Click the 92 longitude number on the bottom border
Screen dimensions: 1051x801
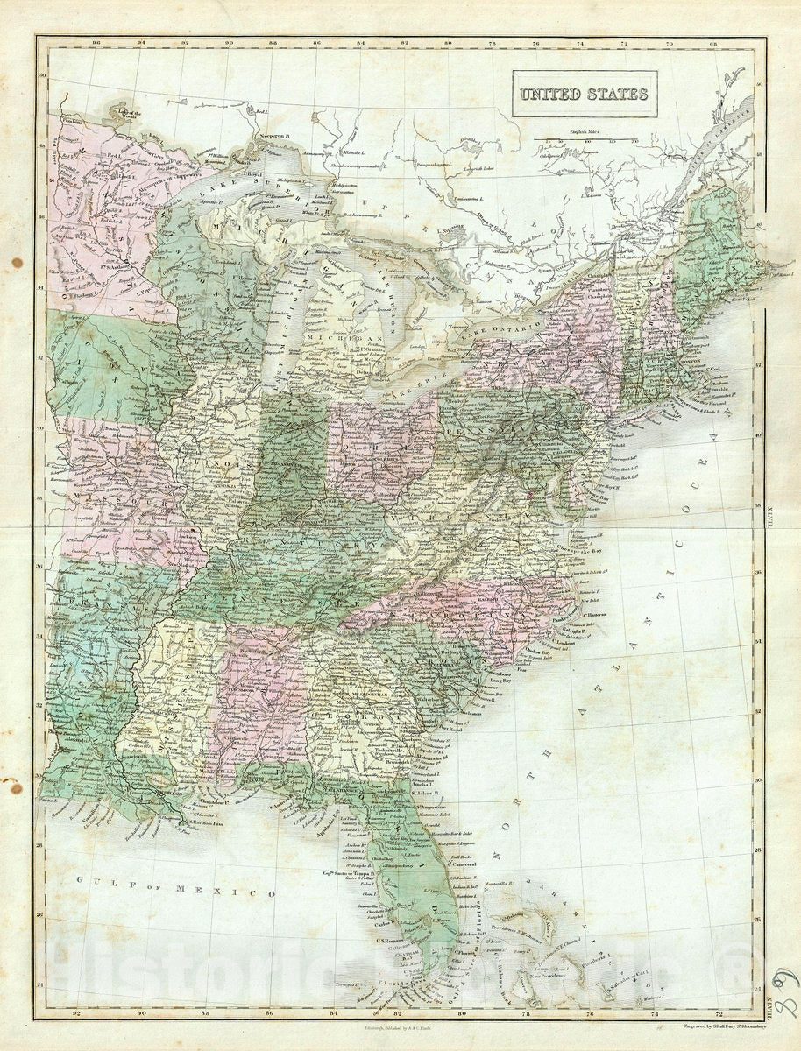[78, 1014]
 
